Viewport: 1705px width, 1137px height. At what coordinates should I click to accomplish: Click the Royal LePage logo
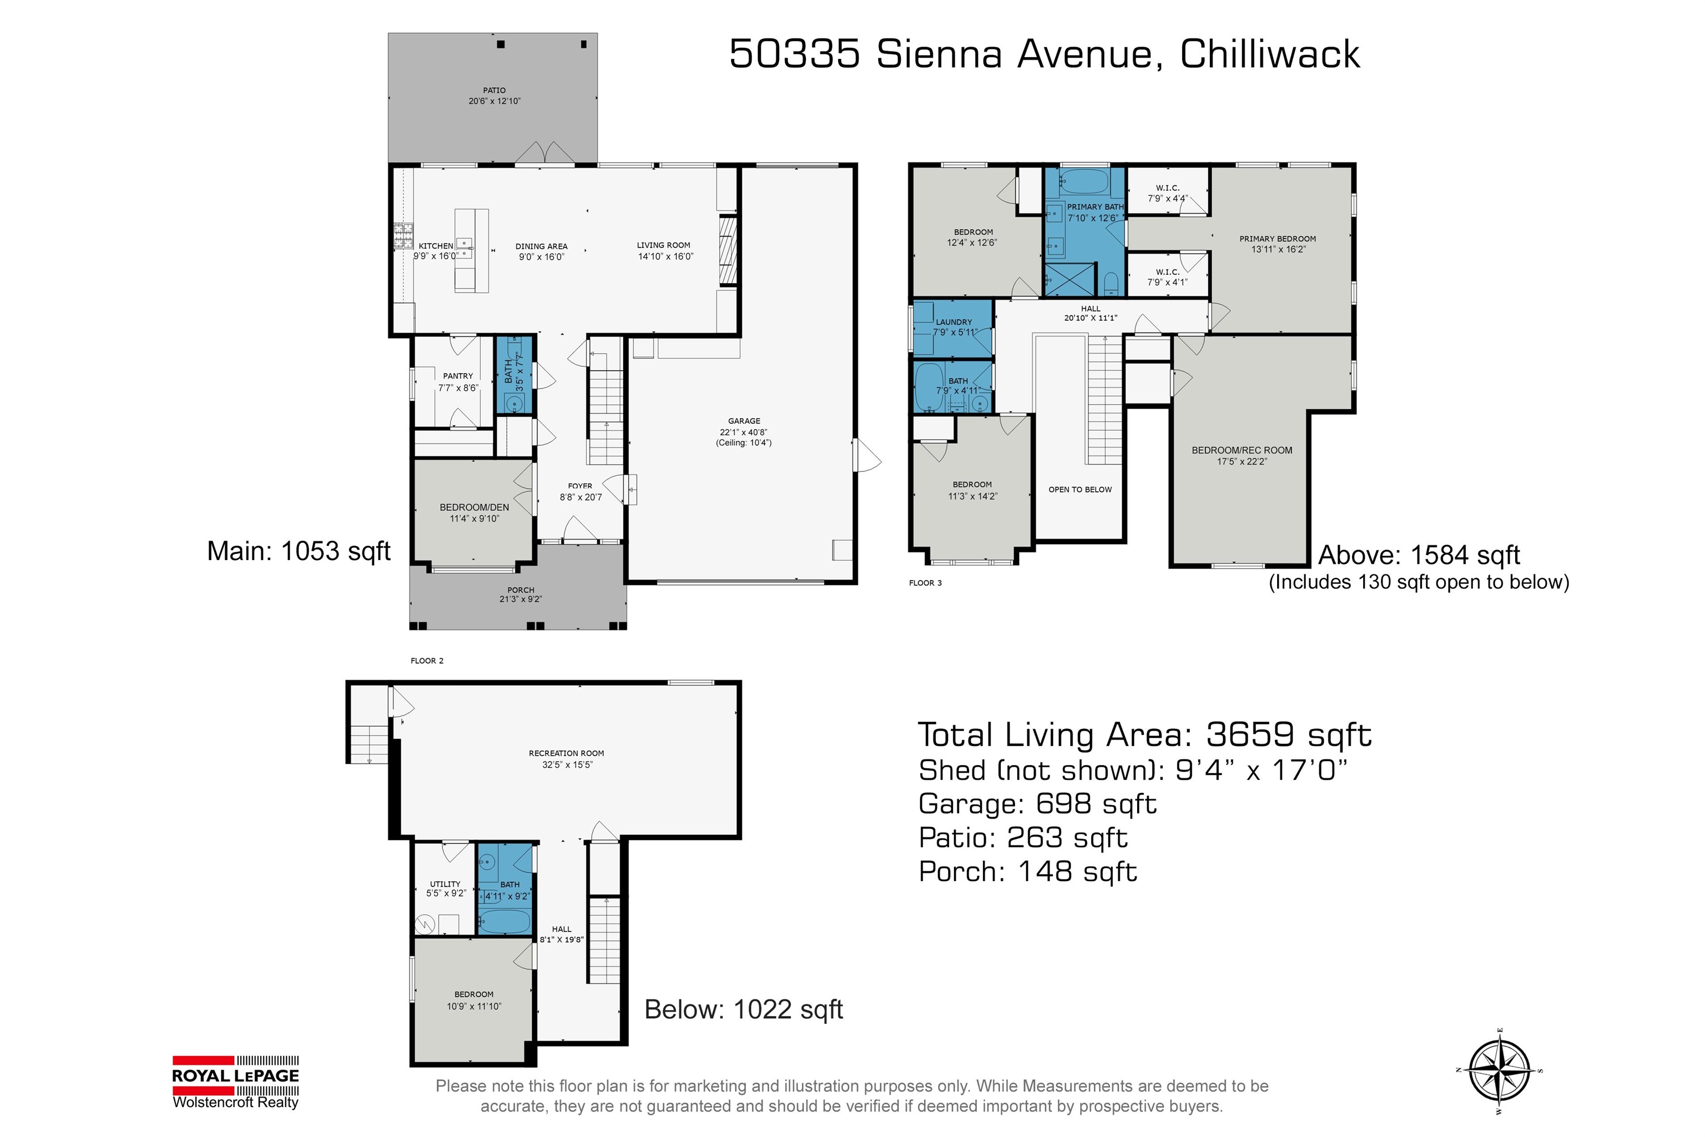coord(235,1082)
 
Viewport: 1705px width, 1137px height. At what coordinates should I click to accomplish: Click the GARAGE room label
coord(744,421)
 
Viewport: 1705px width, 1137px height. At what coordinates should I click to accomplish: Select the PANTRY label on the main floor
coord(457,376)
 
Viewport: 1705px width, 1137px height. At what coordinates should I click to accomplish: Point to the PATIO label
coord(495,90)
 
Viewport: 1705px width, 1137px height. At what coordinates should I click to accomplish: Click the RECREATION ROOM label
coord(566,753)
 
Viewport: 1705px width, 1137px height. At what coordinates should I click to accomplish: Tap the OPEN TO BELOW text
coord(1080,490)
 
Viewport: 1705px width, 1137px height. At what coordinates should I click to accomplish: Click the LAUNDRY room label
coord(954,322)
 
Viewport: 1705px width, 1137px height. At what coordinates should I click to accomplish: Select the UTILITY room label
coord(445,884)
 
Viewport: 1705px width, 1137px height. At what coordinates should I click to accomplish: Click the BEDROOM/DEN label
coord(474,507)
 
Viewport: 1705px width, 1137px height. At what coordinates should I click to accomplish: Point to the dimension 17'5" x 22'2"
coord(1242,461)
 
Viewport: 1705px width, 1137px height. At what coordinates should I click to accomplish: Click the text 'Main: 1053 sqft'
coord(299,551)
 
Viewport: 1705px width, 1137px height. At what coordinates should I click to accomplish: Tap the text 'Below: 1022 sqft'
coord(744,1009)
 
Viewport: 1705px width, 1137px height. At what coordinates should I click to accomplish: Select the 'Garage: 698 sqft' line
coord(1037,804)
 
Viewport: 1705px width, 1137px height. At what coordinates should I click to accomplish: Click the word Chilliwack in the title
coord(1270,54)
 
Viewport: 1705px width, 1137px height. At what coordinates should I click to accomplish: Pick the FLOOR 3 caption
coord(925,583)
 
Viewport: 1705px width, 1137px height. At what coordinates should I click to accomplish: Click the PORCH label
coord(521,590)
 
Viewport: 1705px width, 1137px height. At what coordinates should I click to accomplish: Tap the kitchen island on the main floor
coord(471,250)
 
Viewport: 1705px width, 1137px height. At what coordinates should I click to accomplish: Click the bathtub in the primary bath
coord(1084,182)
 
